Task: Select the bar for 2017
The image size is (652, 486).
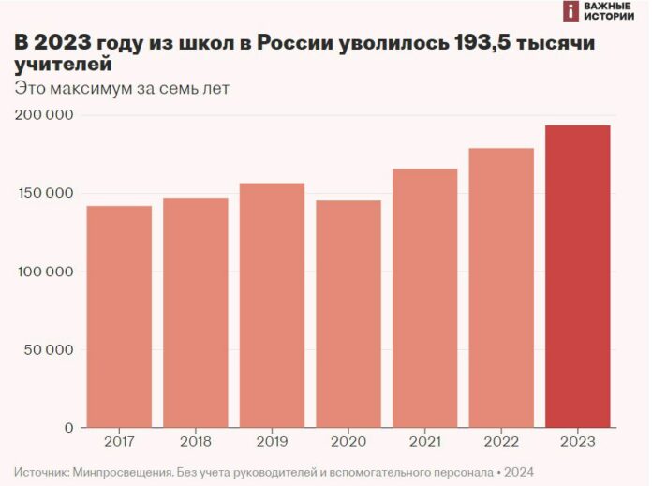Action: coord(119,317)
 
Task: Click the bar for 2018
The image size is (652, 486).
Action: coord(195,312)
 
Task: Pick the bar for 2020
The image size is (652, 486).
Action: coord(348,314)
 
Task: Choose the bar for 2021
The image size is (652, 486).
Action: coord(424,298)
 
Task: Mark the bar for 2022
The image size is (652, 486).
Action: coord(501,287)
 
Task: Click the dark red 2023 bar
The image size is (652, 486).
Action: coord(578,276)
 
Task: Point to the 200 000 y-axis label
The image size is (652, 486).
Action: coord(45,115)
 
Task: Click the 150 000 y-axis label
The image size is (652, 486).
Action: coord(45,194)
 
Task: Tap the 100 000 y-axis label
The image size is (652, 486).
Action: coord(45,272)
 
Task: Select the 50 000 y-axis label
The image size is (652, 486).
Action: coord(49,350)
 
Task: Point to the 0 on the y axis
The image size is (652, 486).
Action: coord(69,428)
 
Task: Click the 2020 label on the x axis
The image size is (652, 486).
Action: coord(348,442)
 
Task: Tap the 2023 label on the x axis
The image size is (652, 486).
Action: coord(578,442)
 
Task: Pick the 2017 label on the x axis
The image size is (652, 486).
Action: coord(119,442)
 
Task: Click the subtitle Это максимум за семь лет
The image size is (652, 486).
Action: coord(122,89)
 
